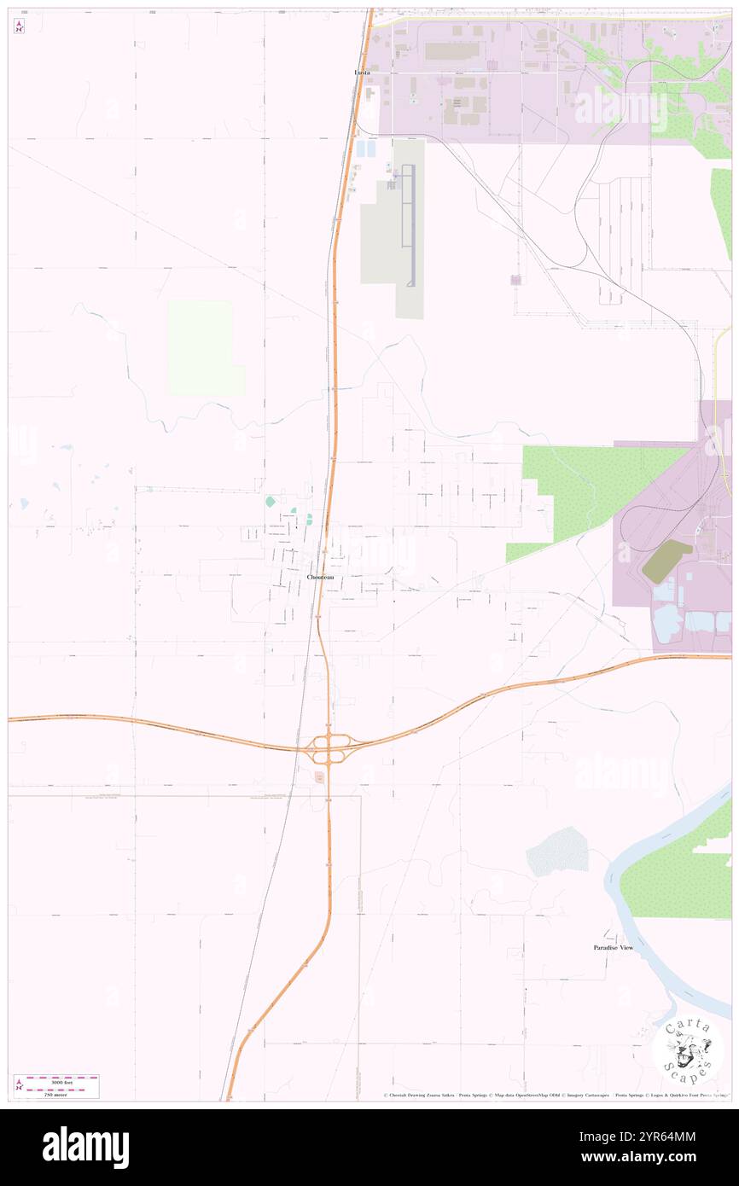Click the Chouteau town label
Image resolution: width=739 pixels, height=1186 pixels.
coord(320,578)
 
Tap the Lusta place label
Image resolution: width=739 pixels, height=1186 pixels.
coord(363,73)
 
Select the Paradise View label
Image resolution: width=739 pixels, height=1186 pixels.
coord(614,947)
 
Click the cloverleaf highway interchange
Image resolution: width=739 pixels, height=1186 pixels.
coord(329,749)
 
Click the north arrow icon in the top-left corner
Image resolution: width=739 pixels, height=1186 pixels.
coord(19,26)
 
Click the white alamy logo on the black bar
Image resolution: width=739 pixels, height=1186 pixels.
coord(85,1147)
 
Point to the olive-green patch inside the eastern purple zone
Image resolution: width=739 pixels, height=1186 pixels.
coord(666,561)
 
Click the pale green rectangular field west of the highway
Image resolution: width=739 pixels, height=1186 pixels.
coord(201,347)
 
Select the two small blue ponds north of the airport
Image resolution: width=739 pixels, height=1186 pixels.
coord(365,148)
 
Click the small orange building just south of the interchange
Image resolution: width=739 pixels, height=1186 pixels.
coord(319,776)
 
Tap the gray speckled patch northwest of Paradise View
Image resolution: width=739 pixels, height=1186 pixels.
coord(557,852)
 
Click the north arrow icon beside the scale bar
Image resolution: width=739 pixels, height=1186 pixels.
coord(19,1085)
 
